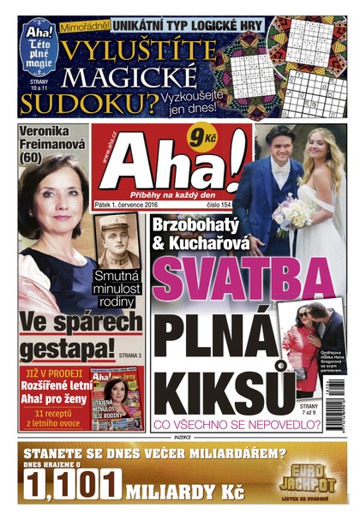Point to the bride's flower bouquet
pyautogui.click(x=294, y=216)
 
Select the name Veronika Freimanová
pyautogui.click(x=53, y=143)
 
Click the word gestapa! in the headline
pyautogui.click(x=67, y=350)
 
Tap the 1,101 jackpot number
pyautogui.click(x=72, y=486)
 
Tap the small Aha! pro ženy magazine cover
pyautogui.click(x=117, y=400)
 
